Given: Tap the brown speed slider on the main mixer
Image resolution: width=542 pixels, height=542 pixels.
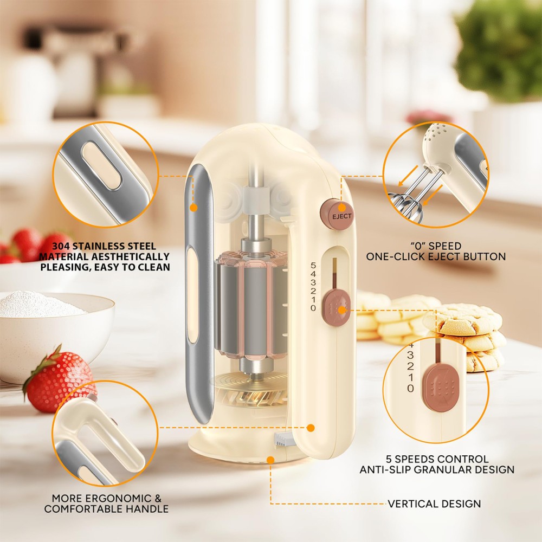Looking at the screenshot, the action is [x=336, y=308].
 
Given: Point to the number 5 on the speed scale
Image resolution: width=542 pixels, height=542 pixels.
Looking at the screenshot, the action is [x=313, y=266].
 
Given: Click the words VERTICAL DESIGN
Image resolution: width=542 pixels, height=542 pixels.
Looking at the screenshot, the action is [x=434, y=504].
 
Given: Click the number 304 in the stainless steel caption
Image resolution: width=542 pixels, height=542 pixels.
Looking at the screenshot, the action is [x=61, y=246].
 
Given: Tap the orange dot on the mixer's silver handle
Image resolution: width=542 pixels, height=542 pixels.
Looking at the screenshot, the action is [x=193, y=208].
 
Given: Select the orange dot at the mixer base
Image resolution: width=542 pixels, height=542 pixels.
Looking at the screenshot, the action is [x=270, y=460].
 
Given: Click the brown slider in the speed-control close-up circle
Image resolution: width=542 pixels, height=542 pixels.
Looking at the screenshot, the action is [x=440, y=389].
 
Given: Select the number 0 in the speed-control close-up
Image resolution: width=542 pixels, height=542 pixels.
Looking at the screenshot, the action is [x=411, y=388].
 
